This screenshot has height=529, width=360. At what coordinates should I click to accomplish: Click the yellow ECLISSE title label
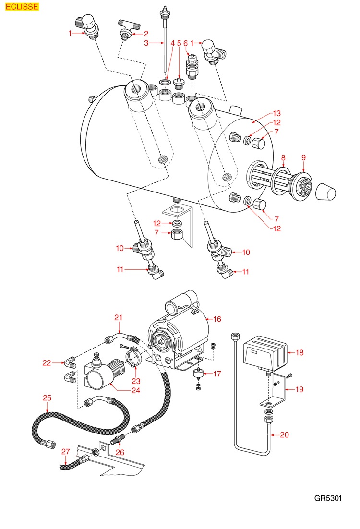point(20,7)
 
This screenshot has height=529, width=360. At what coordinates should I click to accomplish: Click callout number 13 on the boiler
point(276,114)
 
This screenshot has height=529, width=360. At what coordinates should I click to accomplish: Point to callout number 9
point(303,157)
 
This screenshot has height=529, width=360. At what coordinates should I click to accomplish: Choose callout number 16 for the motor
point(217,318)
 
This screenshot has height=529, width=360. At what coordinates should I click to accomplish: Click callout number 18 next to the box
point(300,353)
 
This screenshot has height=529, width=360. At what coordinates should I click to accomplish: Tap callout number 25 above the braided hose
point(47,398)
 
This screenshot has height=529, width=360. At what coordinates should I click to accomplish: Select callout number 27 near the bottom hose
point(66,452)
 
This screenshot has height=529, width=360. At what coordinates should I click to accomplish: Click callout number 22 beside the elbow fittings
point(47,363)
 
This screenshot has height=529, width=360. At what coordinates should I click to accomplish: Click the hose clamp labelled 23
point(134,356)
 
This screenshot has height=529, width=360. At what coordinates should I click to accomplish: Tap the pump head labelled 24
point(102,373)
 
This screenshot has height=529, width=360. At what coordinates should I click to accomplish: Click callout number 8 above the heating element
point(283,157)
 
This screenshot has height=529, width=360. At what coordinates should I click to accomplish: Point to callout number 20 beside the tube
point(285,435)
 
